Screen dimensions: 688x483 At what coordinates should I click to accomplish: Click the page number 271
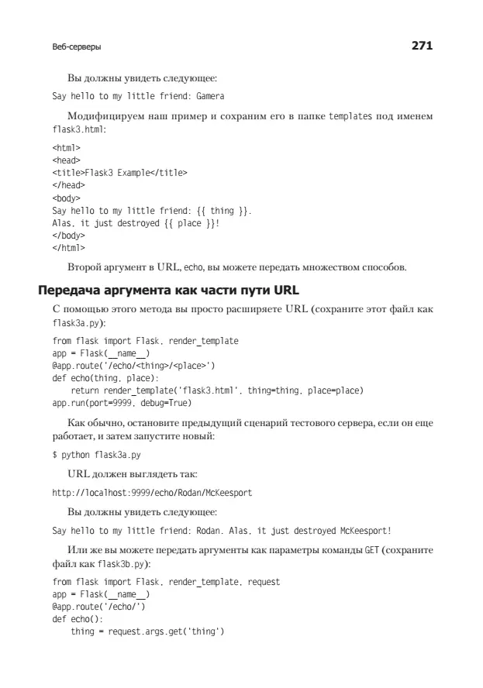(x=421, y=46)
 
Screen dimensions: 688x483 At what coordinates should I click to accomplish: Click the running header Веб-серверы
(x=77, y=47)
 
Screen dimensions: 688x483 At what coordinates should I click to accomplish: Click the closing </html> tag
(x=68, y=248)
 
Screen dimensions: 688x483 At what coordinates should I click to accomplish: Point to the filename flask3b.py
(x=123, y=563)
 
